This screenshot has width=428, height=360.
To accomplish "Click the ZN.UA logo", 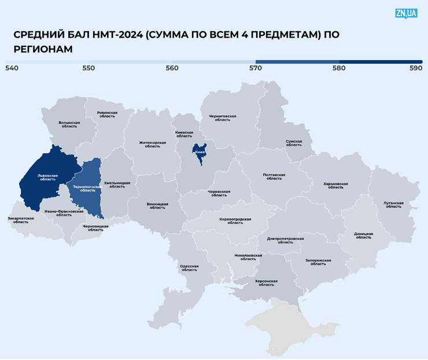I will click(406, 13).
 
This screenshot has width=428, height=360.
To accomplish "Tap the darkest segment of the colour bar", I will click(381, 61).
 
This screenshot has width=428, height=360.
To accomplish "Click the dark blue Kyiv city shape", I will click(200, 153).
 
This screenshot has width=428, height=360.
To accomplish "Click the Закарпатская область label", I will click(21, 221).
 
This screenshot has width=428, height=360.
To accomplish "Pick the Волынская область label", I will click(69, 124).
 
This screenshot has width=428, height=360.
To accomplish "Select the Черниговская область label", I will click(223, 118).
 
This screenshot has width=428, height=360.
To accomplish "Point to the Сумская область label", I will click(294, 143).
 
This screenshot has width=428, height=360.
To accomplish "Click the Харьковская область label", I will click(335, 185).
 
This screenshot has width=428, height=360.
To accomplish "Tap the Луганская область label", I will click(393, 205).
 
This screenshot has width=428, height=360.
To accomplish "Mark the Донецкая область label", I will click(363, 236).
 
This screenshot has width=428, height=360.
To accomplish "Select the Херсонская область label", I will click(266, 283).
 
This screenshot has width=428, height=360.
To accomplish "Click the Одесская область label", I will click(189, 268).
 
